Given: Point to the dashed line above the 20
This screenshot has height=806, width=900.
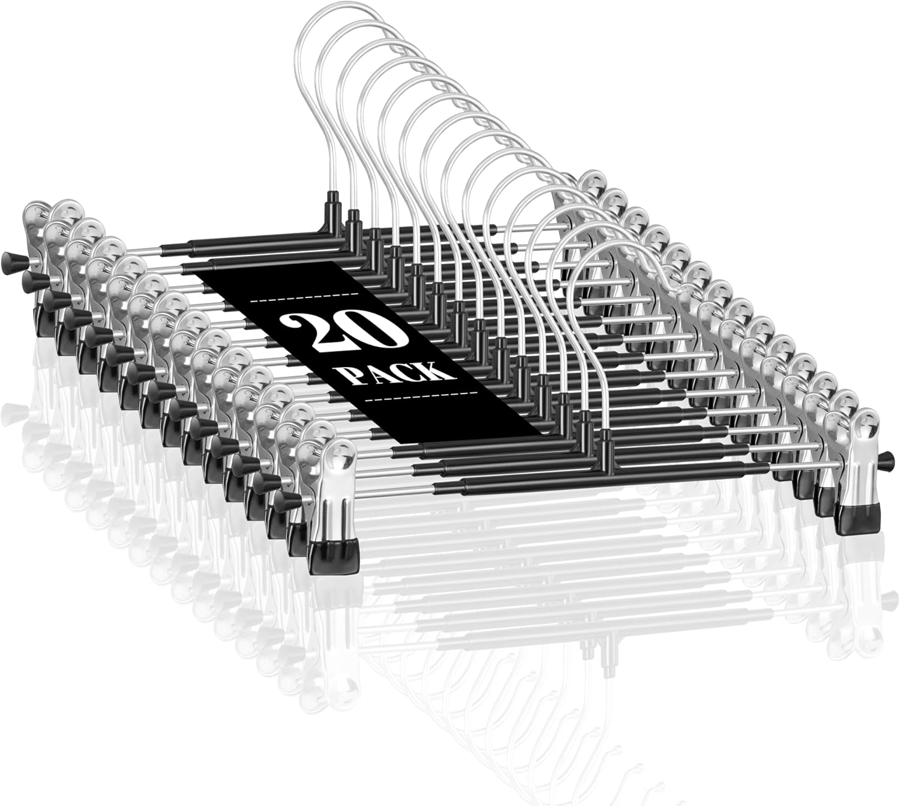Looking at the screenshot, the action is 304,297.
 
